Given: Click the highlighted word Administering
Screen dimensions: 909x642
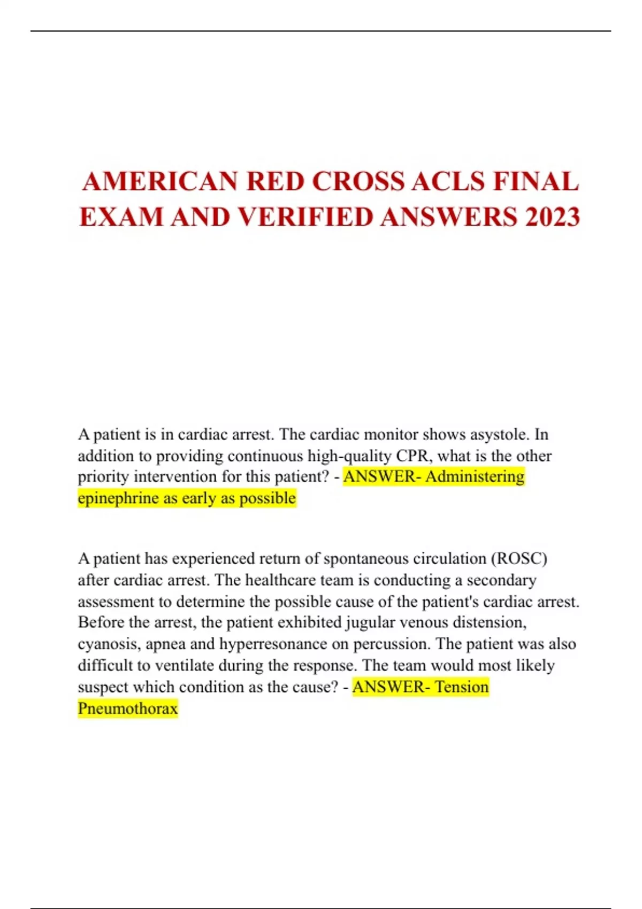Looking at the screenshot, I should point(475,476).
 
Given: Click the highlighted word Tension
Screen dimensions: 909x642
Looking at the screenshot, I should point(462,687).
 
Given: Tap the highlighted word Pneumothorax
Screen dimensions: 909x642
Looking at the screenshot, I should point(127,708).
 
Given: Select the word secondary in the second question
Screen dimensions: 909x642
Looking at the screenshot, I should point(501,580).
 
